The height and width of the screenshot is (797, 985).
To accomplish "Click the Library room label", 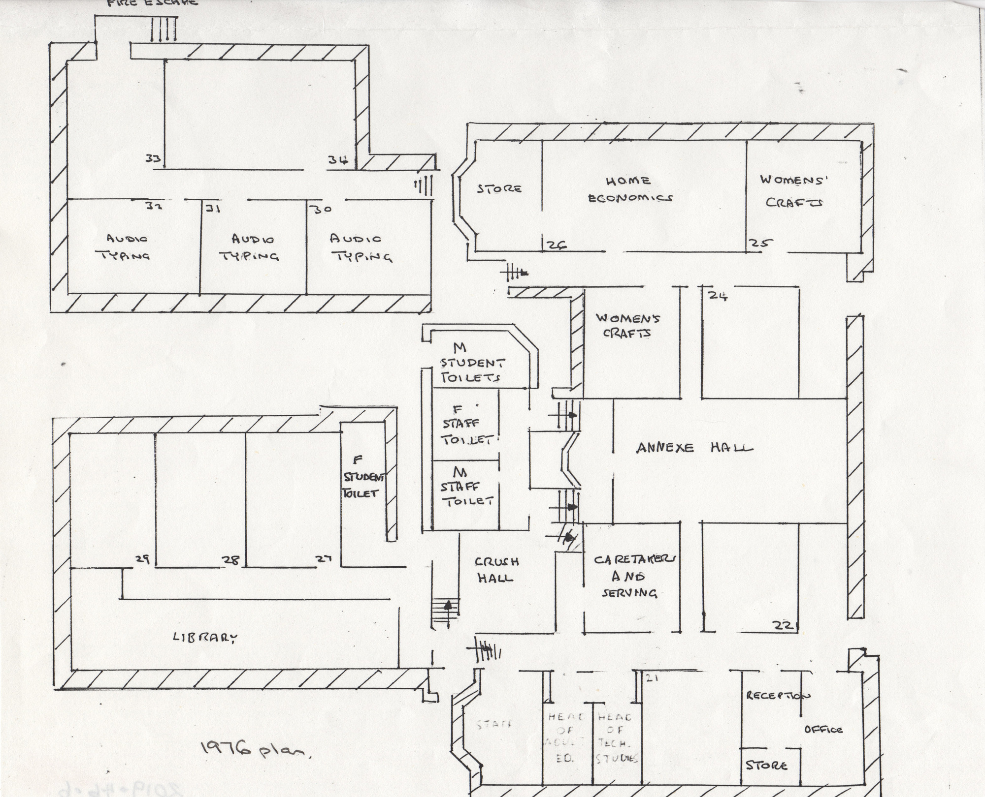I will (205, 638).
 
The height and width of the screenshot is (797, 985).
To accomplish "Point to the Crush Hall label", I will (496, 570).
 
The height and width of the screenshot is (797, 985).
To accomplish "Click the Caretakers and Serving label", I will (634, 576).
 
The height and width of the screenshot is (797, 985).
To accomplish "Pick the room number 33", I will (152, 158).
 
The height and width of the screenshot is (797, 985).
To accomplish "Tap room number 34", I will (339, 159).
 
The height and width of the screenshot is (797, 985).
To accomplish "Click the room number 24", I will (718, 295).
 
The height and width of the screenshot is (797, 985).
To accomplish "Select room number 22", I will (783, 626).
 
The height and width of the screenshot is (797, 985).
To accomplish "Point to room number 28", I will (230, 559).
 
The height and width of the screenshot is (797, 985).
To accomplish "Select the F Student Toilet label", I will (363, 477).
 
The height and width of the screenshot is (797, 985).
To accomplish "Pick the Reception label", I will (778, 696).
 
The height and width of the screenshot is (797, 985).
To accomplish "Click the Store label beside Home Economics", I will (499, 188).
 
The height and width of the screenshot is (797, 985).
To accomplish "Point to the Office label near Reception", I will (823, 730).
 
